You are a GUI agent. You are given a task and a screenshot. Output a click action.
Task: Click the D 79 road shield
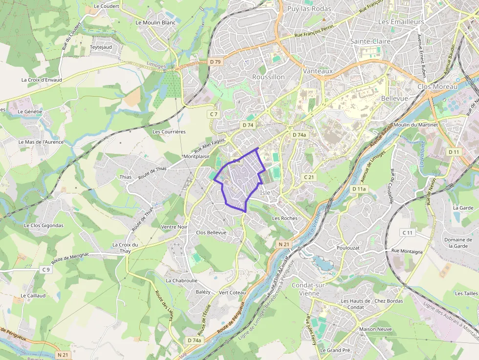point(216,62)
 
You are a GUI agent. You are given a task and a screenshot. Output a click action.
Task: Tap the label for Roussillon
point(268,77)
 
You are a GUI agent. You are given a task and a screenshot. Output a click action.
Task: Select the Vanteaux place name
point(318,71)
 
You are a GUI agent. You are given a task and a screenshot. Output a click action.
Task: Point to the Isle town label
point(265,192)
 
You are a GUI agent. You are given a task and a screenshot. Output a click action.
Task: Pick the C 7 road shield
point(213,114)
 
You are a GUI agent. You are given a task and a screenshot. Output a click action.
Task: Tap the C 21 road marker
point(308,177)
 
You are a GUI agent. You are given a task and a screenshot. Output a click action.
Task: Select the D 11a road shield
point(359,189)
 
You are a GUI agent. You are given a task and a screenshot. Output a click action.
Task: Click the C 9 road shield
point(46,270)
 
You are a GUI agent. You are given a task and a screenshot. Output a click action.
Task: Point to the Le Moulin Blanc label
point(155,22)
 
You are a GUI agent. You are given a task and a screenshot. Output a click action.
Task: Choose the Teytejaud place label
point(101,47)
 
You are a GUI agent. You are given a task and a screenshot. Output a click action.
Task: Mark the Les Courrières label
point(169,132)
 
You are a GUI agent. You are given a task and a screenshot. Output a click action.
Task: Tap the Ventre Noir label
point(174,227)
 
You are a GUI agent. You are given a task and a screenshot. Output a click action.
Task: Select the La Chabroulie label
point(181,281)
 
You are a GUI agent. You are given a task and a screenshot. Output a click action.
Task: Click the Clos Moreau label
point(437,86)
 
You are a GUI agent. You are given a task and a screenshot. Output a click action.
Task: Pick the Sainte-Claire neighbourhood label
point(370,42)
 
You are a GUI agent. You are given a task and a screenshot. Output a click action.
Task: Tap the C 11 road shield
point(408,233)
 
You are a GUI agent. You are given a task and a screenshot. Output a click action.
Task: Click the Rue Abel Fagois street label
point(209,146)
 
